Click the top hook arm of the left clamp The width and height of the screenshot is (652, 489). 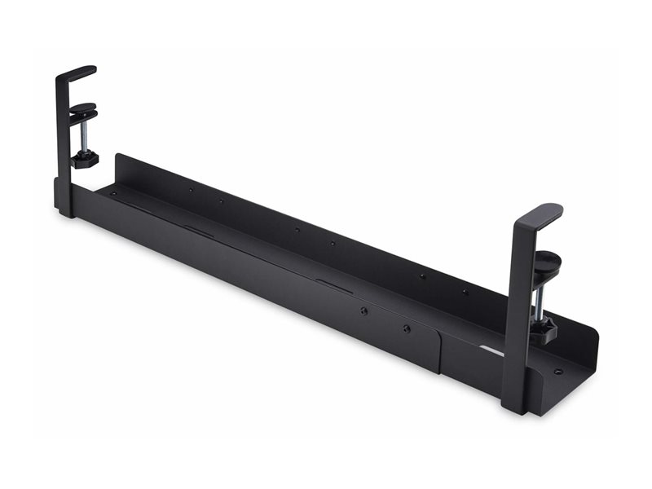coord(77,73)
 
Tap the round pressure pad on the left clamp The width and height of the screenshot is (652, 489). coord(82,109)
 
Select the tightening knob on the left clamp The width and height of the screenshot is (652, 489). coord(84,157)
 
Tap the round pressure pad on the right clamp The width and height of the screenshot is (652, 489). coord(547,262)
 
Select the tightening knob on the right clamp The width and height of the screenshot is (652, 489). coord(542,328)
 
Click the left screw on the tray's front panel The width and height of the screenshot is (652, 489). coord(363,311)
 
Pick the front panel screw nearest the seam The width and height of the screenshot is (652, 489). coord(406,328)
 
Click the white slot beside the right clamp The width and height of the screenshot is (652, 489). coord(491,350)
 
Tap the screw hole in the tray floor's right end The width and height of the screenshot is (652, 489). coord(557,372)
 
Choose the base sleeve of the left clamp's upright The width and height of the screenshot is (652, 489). coord(64,199)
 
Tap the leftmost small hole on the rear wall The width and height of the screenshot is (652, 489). coord(191,190)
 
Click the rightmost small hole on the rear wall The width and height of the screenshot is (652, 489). coord(465,291)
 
